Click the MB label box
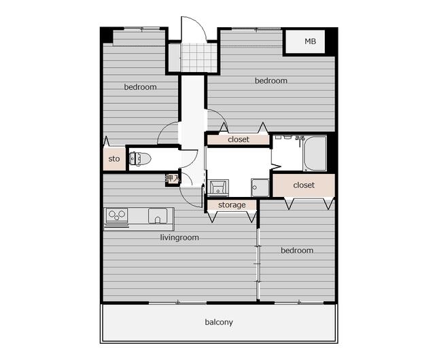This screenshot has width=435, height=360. coord(305,41)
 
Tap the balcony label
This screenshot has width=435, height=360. coord(219,322)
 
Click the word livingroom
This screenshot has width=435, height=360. coord(179,238)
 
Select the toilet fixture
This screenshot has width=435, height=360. coord(140,159)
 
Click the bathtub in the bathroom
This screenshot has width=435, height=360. coord(315,154)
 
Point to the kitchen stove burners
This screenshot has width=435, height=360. coord(117,215)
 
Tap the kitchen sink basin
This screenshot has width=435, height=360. coord(158,216)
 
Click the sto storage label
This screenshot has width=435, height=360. coord(114,159)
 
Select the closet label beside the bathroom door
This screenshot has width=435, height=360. coord(239,139)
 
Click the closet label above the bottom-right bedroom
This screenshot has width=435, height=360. coord(304,185)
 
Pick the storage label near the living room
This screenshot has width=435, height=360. coord(232,205)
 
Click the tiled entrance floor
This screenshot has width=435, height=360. coord(198,58)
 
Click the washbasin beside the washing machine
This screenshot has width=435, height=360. coord(218,187)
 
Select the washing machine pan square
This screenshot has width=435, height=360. coord(260,187)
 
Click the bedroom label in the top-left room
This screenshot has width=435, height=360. coord(141,87)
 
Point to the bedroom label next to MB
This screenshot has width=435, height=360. coord(271,81)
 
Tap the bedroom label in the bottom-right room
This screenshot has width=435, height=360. coord(297,251)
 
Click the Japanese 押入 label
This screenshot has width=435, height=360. coord(172,179)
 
